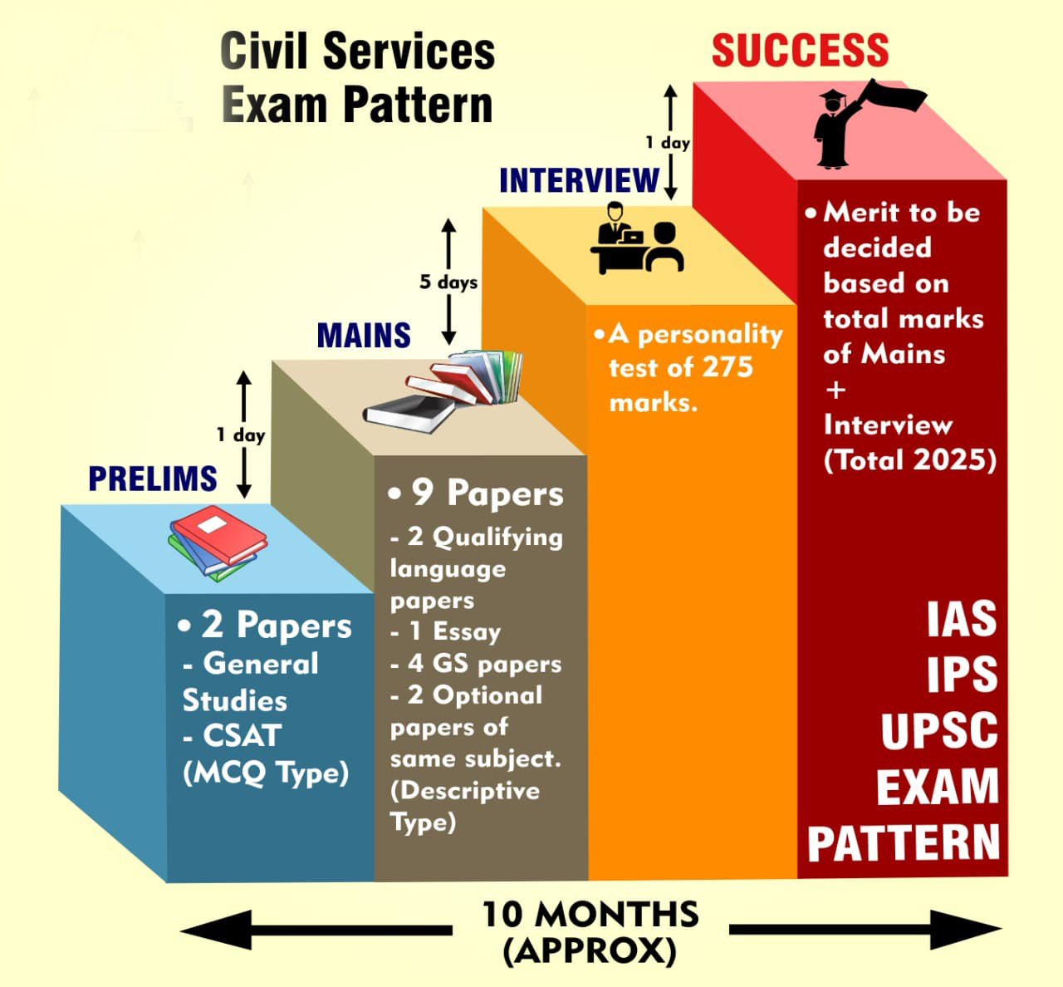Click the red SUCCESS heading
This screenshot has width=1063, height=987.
coord(801,51)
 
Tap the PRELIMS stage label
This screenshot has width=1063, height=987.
coord(153,479)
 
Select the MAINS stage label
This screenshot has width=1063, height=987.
coord(364,336)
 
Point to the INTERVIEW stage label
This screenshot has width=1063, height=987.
coord(579,180)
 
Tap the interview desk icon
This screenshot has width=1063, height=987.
coord(637,238)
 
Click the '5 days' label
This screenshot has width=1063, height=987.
coord(448,282)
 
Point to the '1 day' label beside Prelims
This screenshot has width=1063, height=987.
coord(241,435)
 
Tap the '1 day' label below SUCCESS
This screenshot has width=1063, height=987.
coord(668,142)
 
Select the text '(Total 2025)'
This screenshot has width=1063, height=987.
coord(910,459)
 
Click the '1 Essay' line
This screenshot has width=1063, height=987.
coord(445,632)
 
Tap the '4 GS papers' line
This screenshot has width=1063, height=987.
coord(476,664)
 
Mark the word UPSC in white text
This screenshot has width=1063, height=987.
coord(939,731)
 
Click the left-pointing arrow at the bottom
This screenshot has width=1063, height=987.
coord(316,931)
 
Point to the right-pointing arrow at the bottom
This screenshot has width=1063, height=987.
coord(865,930)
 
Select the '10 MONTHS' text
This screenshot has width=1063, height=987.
coord(590,914)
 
